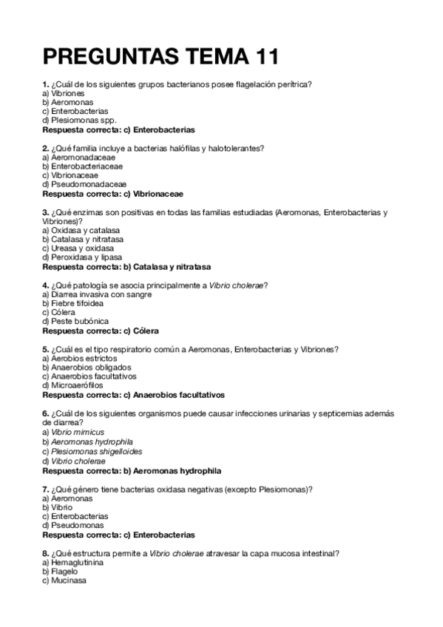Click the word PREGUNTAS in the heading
click(x=107, y=56)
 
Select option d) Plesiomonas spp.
click(x=80, y=120)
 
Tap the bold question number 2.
click(x=46, y=148)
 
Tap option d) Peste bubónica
click(x=75, y=321)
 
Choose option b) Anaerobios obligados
click(x=87, y=367)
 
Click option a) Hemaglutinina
click(x=73, y=562)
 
